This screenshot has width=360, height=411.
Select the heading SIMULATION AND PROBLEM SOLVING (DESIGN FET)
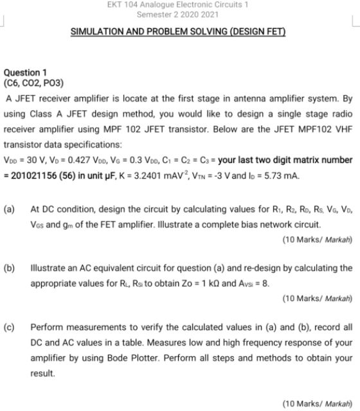tap(177, 31)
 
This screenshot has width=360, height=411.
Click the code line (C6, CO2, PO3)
tap(34, 83)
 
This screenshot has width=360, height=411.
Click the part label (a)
tap(10, 209)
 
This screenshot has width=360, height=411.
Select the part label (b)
tap(10, 267)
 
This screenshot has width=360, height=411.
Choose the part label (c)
tap(10, 326)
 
